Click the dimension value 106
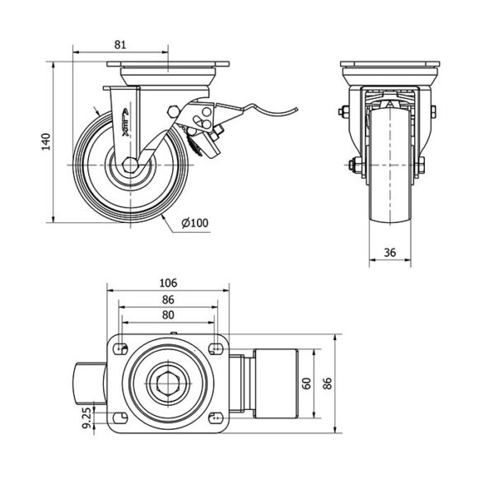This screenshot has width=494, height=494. (x=167, y=282)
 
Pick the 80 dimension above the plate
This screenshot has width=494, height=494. (x=167, y=314)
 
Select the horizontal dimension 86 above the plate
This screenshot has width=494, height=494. (x=167, y=298)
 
